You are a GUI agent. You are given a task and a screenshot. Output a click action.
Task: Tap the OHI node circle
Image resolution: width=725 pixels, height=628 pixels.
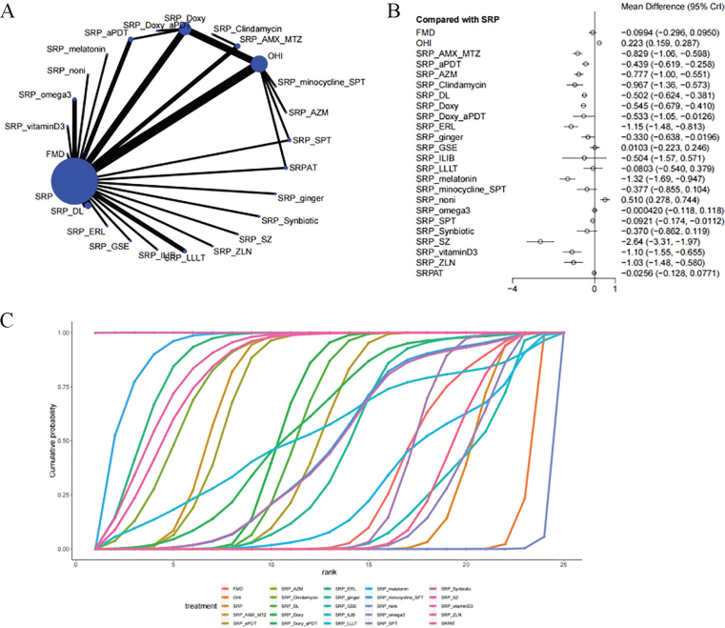pos(259,65)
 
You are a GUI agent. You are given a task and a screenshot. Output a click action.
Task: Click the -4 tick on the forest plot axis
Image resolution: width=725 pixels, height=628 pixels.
pos(513,287)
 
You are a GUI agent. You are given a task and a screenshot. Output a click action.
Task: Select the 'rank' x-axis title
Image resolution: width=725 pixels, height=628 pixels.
pos(320,574)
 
